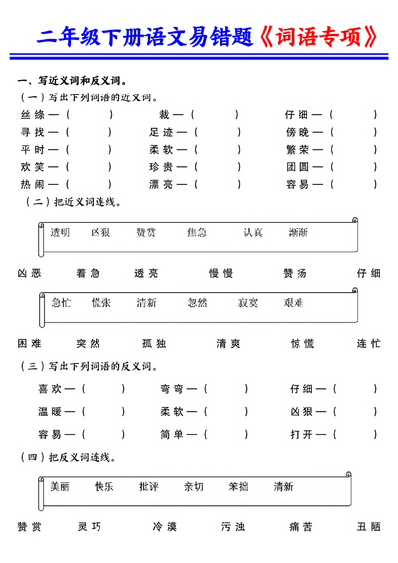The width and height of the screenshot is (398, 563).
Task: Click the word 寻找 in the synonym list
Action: (33, 132)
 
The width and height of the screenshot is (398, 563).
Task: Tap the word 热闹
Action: (33, 184)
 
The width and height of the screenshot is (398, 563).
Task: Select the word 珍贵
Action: (161, 167)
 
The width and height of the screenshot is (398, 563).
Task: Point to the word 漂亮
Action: (161, 184)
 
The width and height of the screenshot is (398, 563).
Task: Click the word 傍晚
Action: (298, 132)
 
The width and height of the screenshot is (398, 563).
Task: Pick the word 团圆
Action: (298, 167)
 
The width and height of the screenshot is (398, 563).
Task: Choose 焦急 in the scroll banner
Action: (196, 232)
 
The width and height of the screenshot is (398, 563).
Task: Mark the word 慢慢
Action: (221, 272)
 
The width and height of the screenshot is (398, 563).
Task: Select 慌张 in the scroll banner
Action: (100, 302)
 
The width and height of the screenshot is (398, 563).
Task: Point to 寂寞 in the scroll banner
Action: (248, 302)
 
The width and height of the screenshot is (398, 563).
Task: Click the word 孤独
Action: (154, 343)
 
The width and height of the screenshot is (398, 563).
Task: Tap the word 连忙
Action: (368, 343)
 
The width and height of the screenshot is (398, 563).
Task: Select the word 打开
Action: (302, 434)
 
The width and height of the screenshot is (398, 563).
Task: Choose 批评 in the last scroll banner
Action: (148, 487)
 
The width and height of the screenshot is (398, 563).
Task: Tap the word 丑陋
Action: (368, 527)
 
